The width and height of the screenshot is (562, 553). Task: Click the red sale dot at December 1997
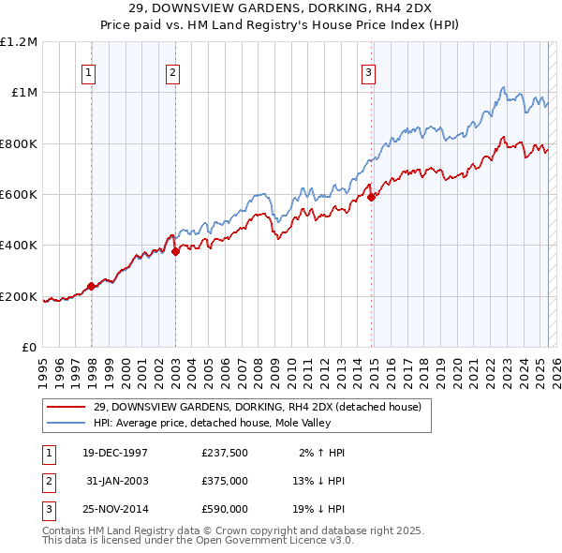pyautogui.click(x=91, y=287)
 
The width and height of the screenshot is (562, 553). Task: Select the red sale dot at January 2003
pyautogui.click(x=175, y=251)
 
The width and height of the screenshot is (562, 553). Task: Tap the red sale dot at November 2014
pyautogui.click(x=372, y=197)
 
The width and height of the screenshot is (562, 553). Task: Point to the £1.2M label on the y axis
pyautogui.click(x=19, y=42)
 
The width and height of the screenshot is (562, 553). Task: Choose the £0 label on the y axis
pyautogui.click(x=29, y=348)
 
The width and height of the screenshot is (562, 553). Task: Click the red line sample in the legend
pyautogui.click(x=67, y=407)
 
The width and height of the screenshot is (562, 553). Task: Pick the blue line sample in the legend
pyautogui.click(x=67, y=423)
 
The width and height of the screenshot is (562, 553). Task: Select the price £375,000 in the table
pyautogui.click(x=225, y=481)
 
